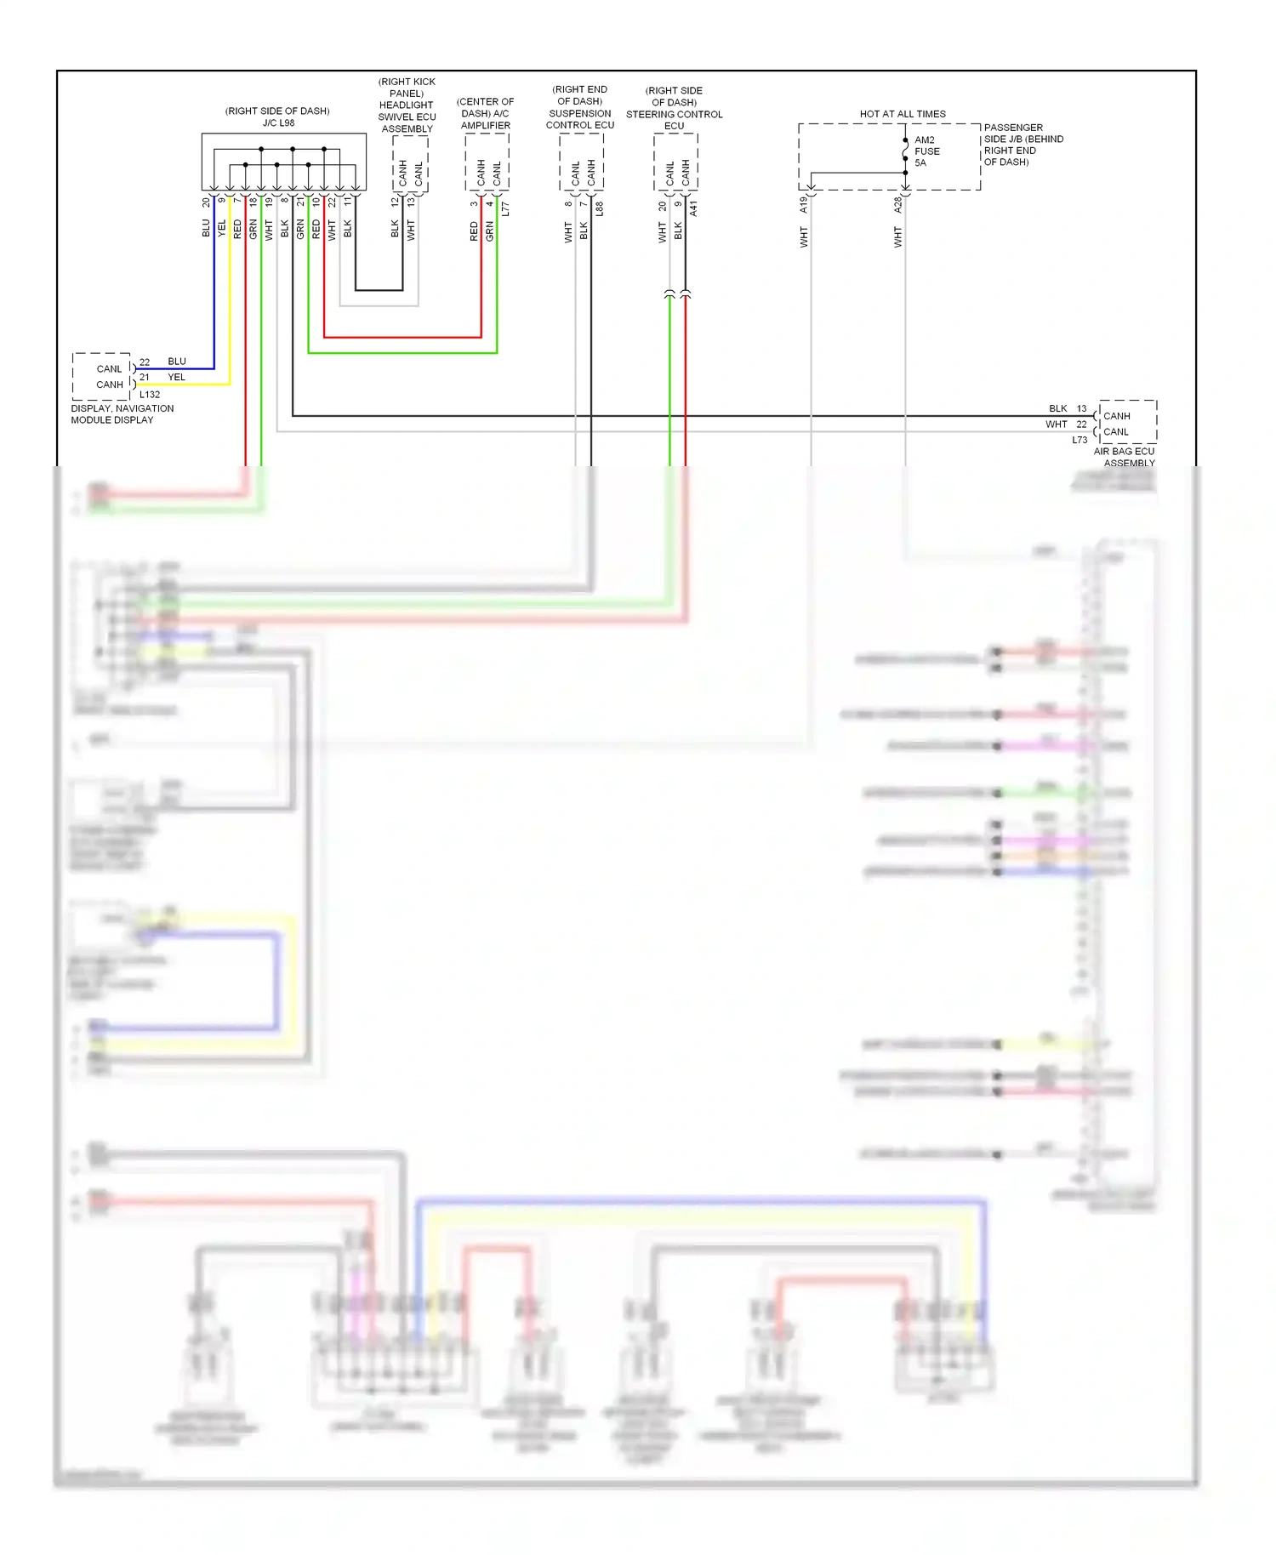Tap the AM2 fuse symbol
(x=905, y=151)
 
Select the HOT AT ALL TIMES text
(x=902, y=114)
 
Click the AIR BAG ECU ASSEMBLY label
(x=1125, y=458)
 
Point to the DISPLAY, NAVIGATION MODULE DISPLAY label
(x=122, y=414)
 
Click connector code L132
(x=150, y=395)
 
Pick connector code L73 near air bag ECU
(x=1079, y=440)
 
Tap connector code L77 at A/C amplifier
(x=505, y=208)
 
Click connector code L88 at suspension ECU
(x=600, y=208)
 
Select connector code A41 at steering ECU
(x=694, y=208)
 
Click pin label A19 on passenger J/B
(x=803, y=205)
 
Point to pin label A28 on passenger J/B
(x=897, y=205)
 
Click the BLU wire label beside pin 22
(x=177, y=362)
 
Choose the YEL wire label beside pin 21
(x=176, y=377)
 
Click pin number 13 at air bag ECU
(x=1081, y=408)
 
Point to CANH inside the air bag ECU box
(x=1116, y=416)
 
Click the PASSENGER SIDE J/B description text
(x=1023, y=145)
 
